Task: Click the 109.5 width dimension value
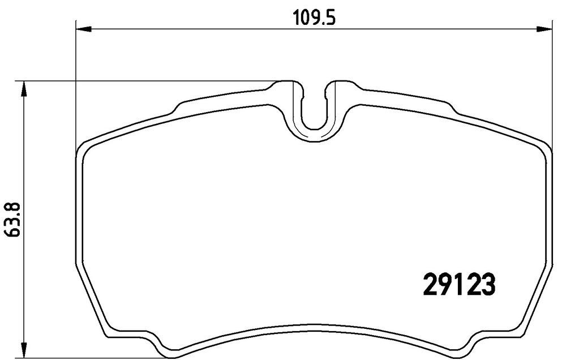point(314,18)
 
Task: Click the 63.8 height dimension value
point(13,220)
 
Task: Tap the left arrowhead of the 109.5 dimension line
point(84,28)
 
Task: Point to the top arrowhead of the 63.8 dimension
point(23,89)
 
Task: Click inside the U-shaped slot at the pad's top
point(314,108)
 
